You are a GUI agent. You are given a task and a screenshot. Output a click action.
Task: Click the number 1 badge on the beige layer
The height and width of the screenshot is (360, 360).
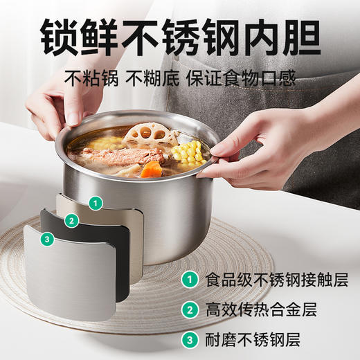95,204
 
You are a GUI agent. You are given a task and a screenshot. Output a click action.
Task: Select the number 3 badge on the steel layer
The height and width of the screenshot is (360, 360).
46,239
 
